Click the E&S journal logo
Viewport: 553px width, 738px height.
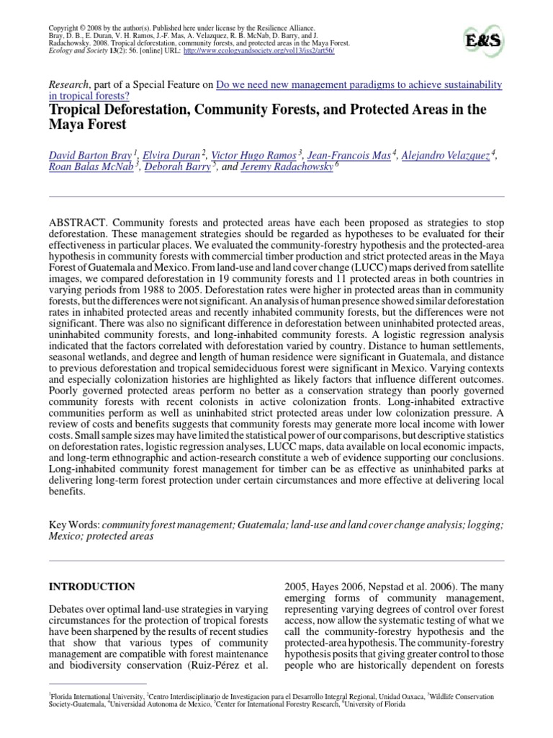(x=481, y=37)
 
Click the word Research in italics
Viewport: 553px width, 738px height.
(x=71, y=85)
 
